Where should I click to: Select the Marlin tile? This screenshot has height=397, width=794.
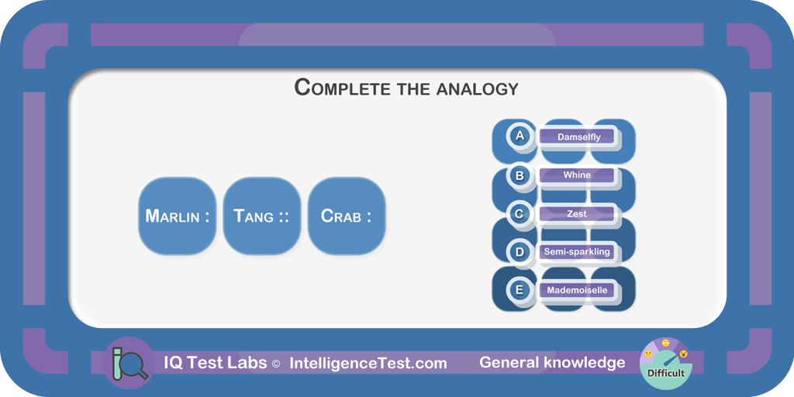[x=178, y=216]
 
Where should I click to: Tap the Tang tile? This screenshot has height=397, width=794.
[x=262, y=216]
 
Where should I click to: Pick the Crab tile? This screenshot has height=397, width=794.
[x=347, y=216]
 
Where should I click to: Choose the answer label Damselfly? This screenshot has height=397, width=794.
[x=576, y=136]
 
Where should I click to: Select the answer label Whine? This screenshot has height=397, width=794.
[x=576, y=175]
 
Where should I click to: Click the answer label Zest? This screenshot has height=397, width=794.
[x=576, y=214]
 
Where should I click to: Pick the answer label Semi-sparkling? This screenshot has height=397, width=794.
[x=576, y=252]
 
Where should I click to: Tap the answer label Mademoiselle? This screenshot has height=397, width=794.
[x=576, y=291]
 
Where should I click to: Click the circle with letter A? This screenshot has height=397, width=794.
[x=519, y=136]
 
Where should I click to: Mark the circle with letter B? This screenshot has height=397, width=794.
[x=519, y=175]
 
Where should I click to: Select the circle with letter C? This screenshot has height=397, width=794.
[x=519, y=214]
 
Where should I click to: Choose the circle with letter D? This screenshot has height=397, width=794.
[x=519, y=252]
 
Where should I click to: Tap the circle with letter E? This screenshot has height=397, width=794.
[x=519, y=291]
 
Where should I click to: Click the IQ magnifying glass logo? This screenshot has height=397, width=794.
[x=129, y=363]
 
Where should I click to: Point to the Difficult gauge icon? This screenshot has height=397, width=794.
[x=665, y=363]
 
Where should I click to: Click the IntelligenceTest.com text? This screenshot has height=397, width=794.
[x=368, y=363]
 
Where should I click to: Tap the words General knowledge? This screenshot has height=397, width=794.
[x=552, y=363]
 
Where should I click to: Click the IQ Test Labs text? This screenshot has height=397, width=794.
[x=215, y=363]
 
